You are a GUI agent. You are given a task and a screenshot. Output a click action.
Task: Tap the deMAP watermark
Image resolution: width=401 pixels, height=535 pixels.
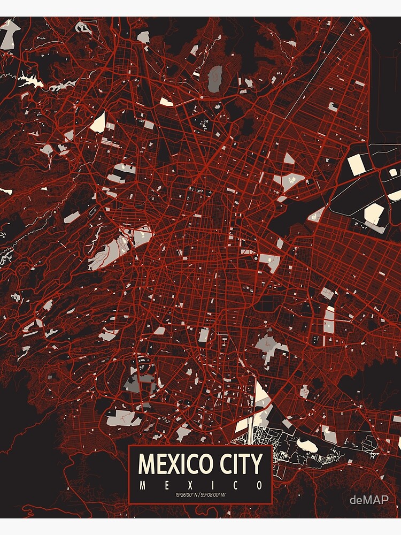(369, 500)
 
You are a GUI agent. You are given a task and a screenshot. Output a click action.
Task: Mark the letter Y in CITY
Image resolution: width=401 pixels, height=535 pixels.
(256, 463)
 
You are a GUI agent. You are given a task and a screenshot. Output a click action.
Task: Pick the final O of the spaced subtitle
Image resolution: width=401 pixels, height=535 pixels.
(259, 486)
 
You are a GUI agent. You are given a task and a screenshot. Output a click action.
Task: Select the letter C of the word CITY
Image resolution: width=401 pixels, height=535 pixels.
(220, 463)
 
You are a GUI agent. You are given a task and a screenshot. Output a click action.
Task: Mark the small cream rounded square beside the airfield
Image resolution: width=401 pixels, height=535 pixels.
(394, 172)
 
